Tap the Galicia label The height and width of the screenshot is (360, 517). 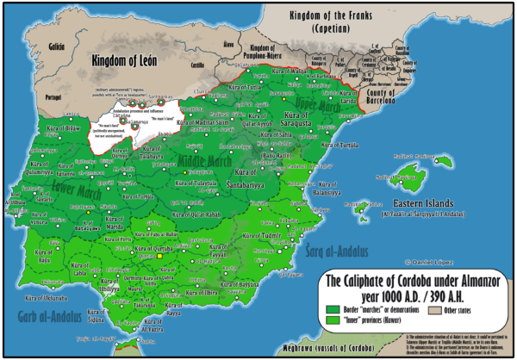click(x=33, y=41)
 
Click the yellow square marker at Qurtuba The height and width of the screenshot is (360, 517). click(x=159, y=256)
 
